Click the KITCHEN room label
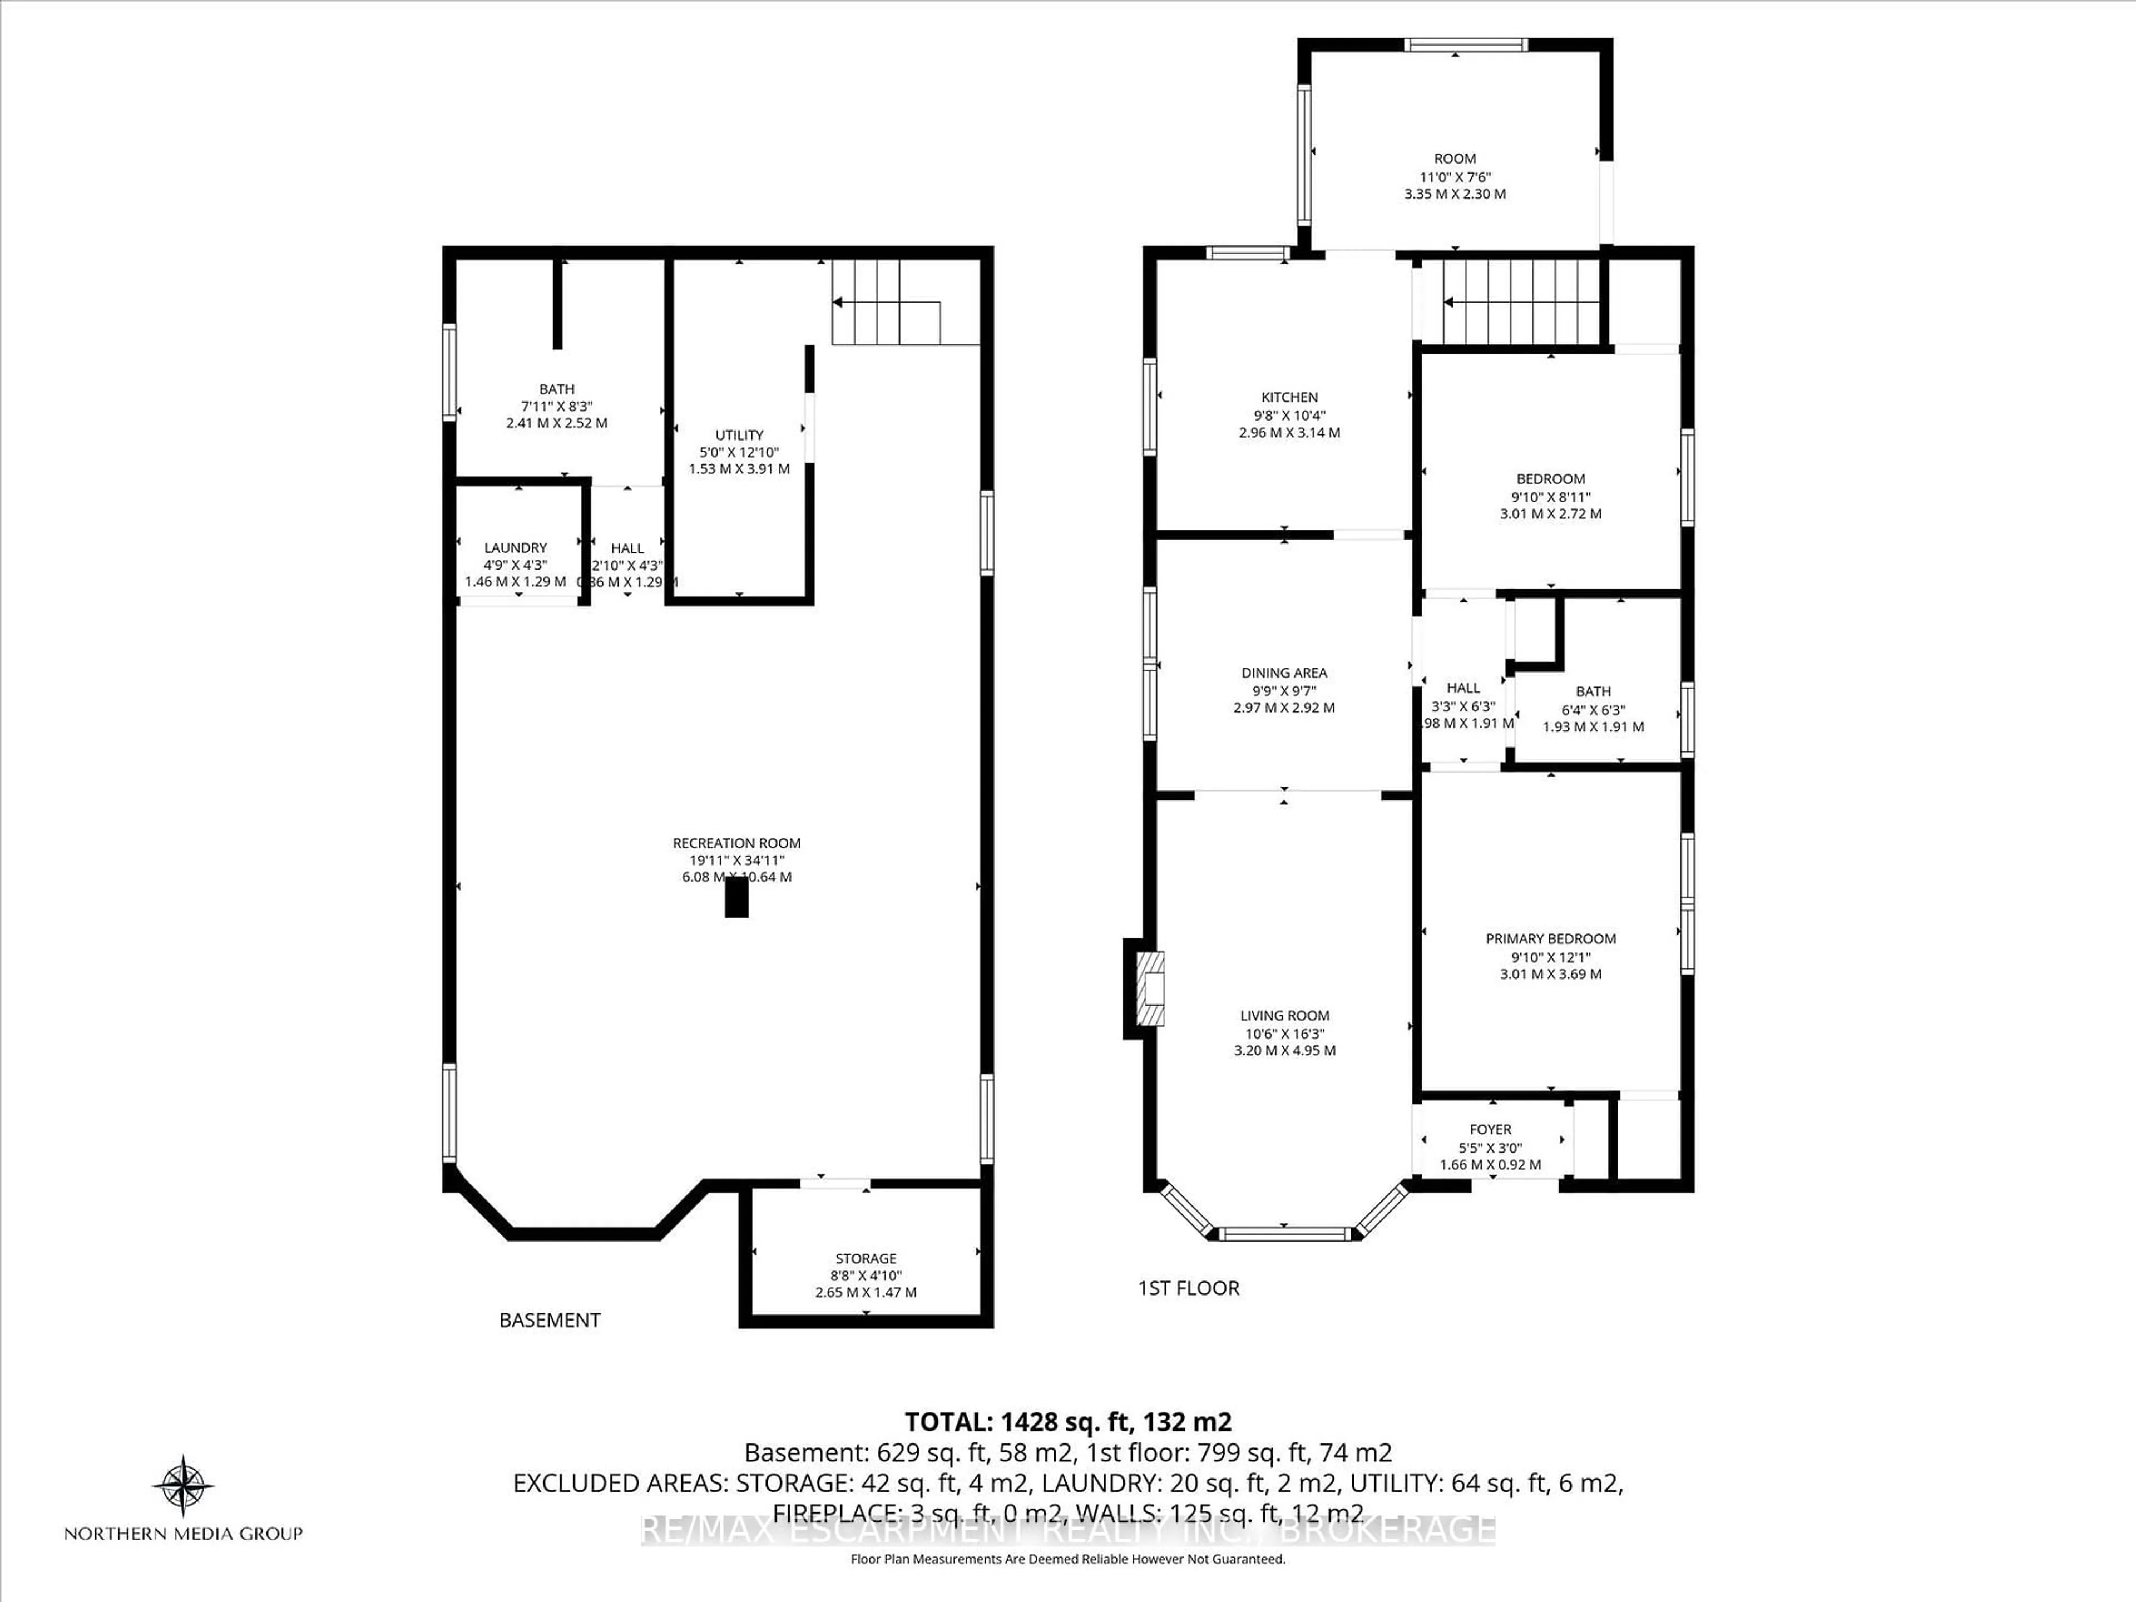[1289, 397]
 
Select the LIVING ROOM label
[1284, 1015]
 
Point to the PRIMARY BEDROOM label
[1550, 938]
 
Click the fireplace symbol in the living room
[1148, 988]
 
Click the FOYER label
[1490, 1129]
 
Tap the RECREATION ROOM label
[737, 843]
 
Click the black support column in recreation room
[737, 898]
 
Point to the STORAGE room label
[865, 1258]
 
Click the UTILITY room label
[739, 434]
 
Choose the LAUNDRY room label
[516, 547]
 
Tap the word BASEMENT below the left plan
[550, 1320]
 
